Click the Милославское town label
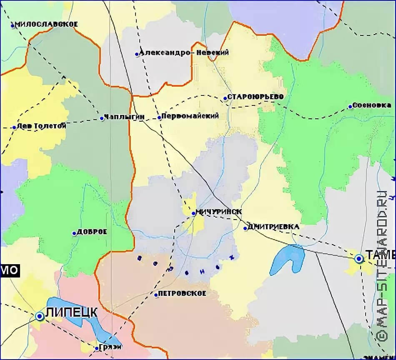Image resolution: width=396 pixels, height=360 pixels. point(46,24)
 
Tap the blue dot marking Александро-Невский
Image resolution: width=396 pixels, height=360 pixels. point(137,54)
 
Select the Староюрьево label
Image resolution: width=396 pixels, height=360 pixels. point(255,97)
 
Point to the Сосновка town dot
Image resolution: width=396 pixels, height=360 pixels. point(350,107)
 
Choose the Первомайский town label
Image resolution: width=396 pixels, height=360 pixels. point(190,116)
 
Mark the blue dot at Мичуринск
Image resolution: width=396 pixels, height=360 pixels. point(193,213)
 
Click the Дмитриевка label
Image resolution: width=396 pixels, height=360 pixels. point(273,227)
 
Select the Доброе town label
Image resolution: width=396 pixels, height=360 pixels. point(93,232)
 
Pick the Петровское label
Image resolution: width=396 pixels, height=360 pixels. point(183,293)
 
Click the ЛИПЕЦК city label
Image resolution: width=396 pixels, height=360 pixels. point(72,312)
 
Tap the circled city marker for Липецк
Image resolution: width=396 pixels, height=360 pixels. point(40,316)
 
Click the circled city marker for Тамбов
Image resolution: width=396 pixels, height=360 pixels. point(359,259)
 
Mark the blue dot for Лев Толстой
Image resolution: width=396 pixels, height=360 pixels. point(14,127)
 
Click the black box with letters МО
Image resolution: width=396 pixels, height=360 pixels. point(10,270)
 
